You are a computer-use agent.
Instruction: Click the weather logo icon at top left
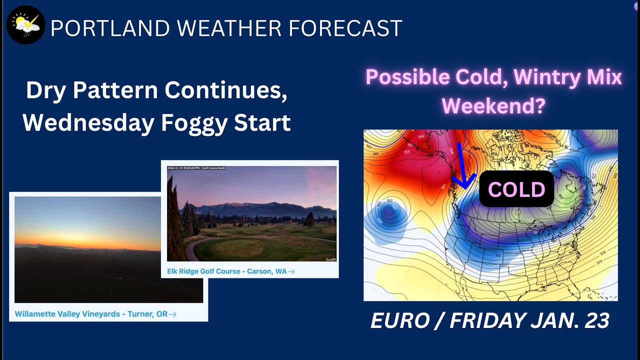(25, 25)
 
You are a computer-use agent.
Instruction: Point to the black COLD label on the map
(516, 189)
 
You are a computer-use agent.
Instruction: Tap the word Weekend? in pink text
(493, 105)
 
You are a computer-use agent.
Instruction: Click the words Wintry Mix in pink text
(567, 77)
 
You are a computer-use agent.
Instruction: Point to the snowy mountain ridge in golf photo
(260, 206)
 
